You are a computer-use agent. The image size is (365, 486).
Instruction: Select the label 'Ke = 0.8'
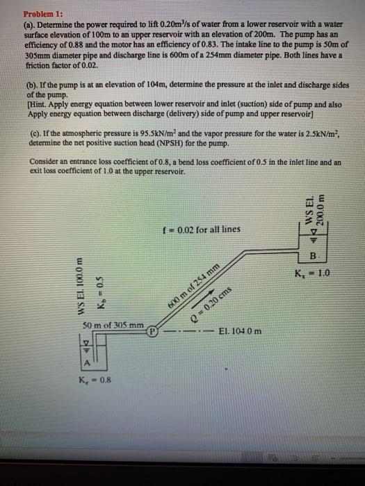96,378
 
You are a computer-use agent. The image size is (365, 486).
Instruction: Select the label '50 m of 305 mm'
113,325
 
